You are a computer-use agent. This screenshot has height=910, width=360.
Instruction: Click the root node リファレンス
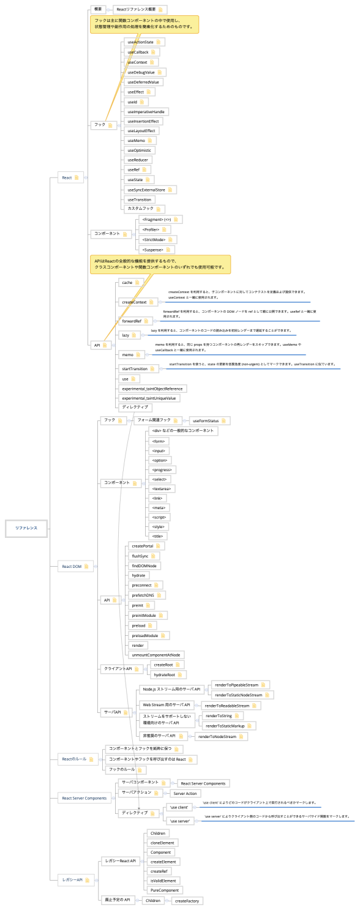point(26,528)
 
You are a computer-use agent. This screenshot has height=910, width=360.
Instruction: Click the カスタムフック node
point(141,209)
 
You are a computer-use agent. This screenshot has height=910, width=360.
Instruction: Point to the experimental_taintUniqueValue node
point(149,398)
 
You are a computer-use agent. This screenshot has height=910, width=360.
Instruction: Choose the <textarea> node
point(162,488)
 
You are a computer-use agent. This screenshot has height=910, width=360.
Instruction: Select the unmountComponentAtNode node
point(156,655)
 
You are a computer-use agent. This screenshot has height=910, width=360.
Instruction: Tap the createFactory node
point(187,901)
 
